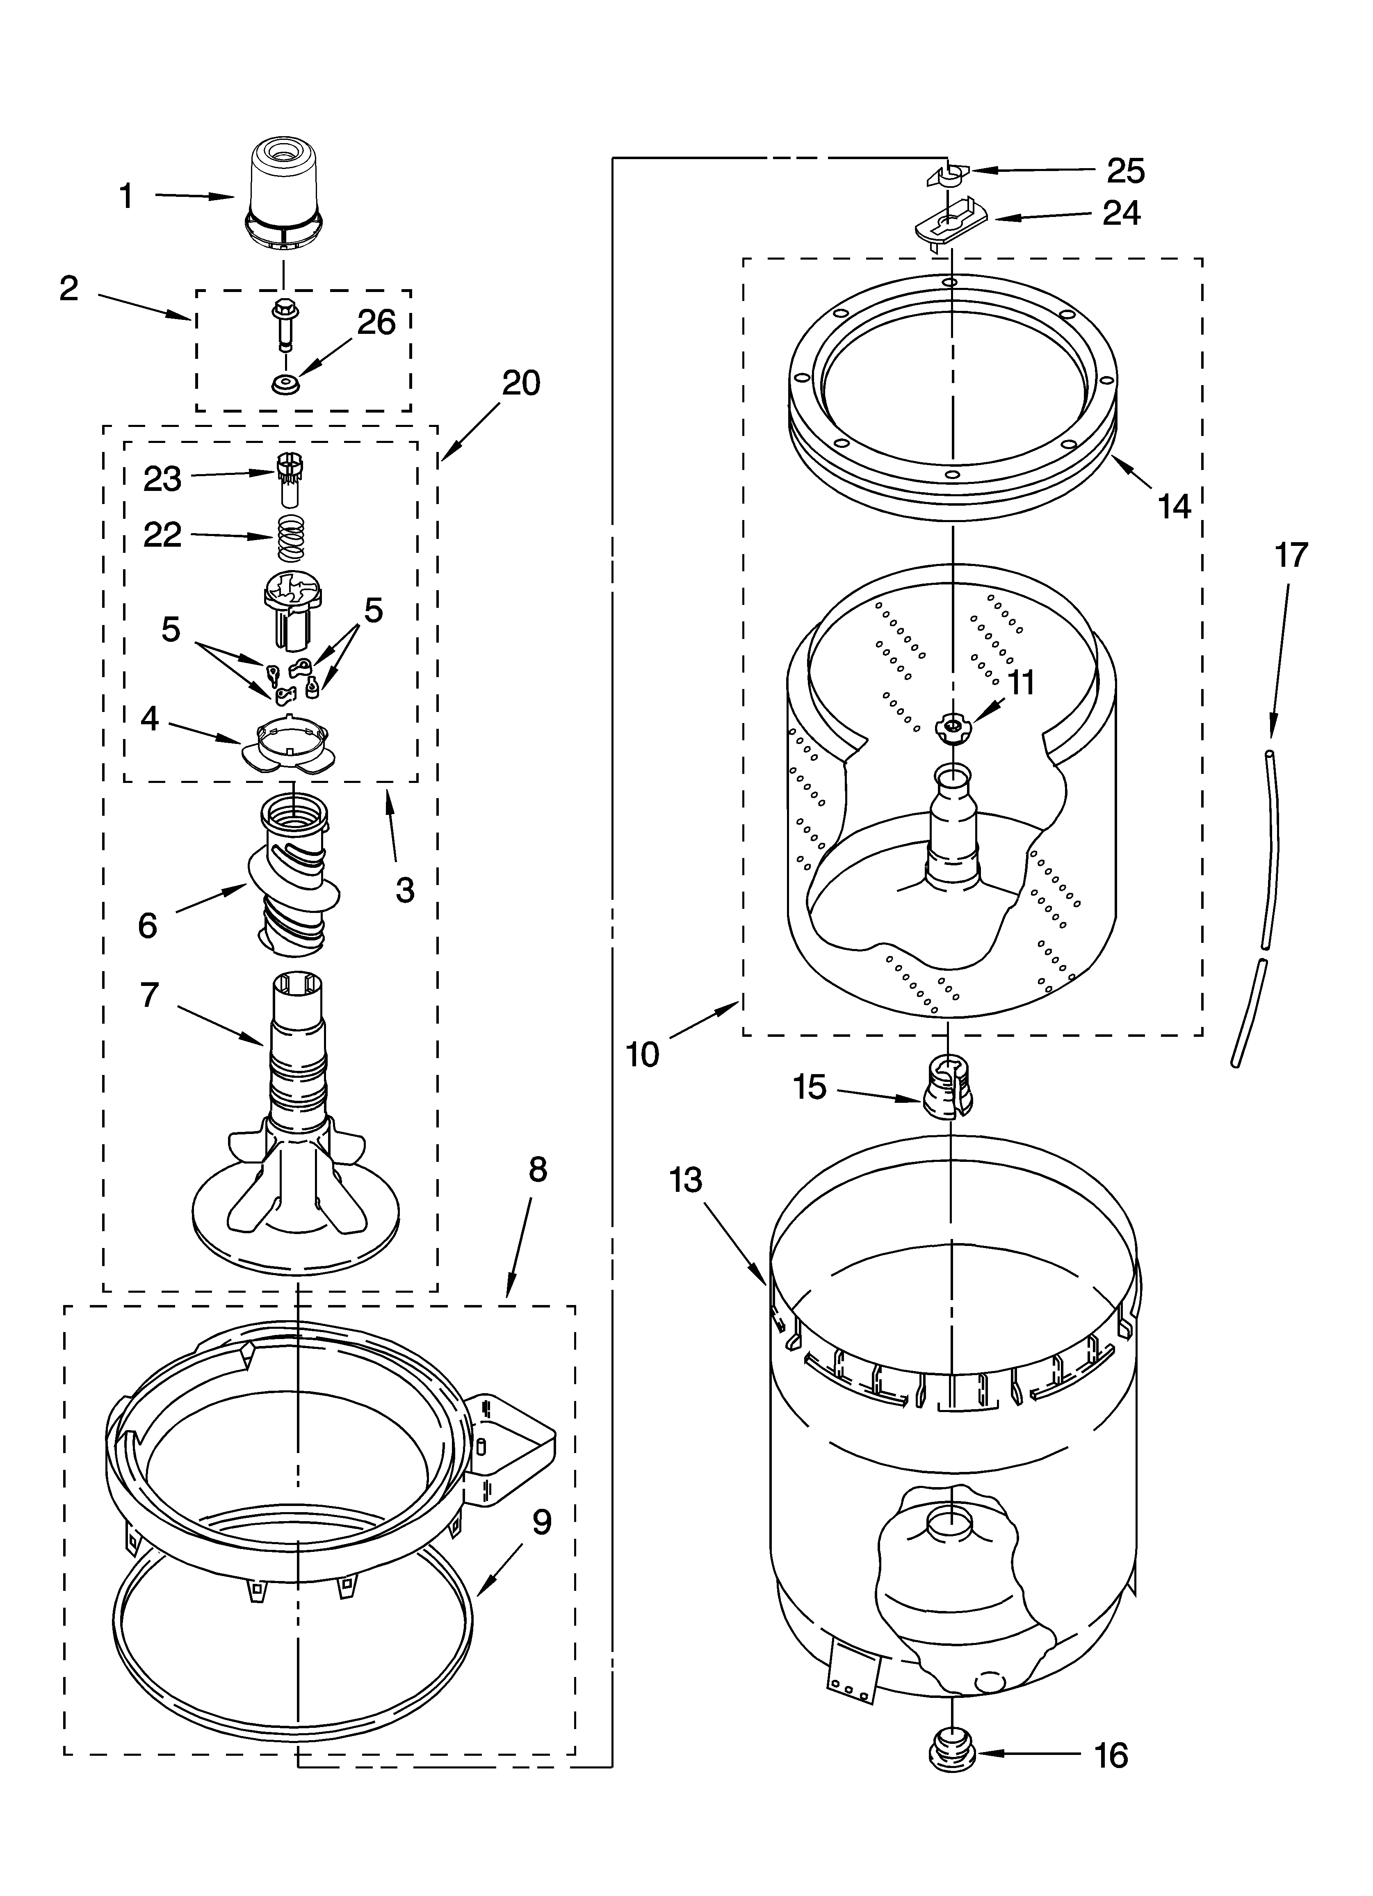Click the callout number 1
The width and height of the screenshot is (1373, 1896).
tap(126, 196)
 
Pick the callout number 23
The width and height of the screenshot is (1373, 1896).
tap(162, 479)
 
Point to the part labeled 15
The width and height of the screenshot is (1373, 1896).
tap(947, 1087)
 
